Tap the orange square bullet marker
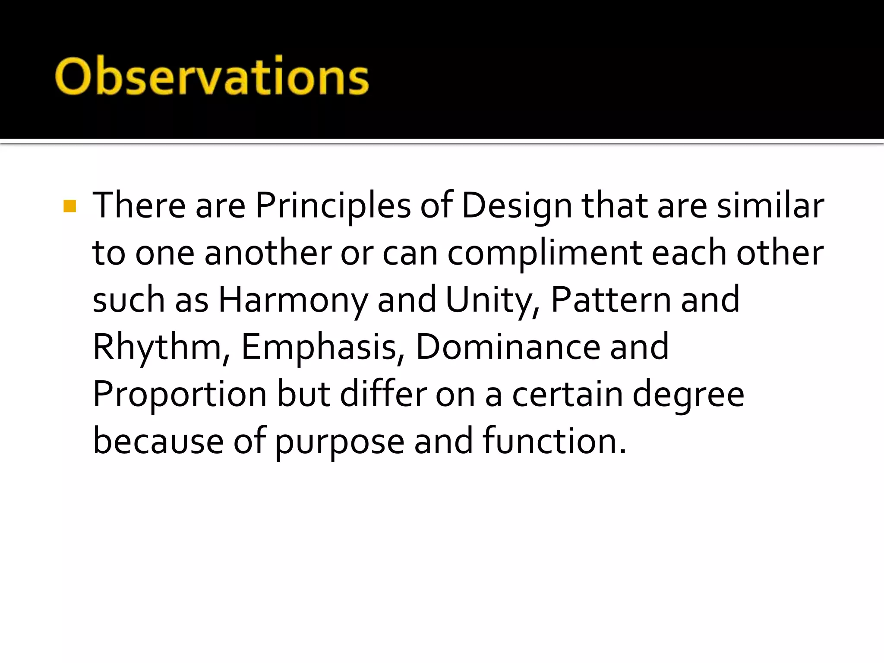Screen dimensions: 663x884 tap(69, 206)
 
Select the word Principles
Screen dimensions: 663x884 tap(333, 206)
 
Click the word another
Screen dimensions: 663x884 tap(268, 253)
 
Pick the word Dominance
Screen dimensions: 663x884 tap(508, 347)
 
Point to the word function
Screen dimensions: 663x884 tap(554, 441)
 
